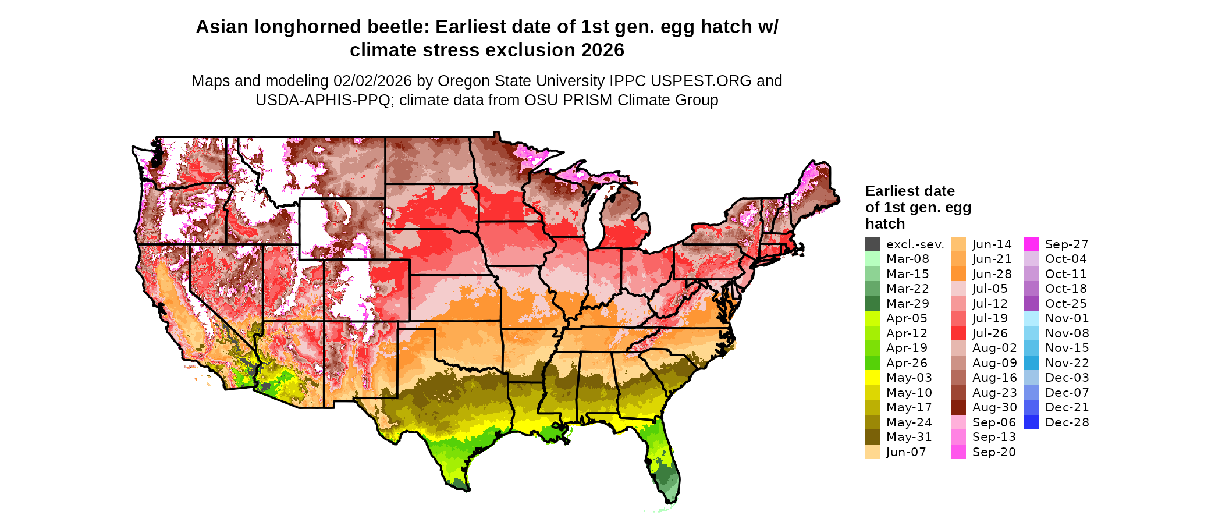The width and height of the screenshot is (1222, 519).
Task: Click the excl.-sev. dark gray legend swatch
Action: (872, 244)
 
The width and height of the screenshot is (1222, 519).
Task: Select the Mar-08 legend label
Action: (907, 259)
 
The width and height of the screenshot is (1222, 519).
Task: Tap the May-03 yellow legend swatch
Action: (872, 378)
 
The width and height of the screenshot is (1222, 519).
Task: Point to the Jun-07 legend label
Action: (905, 452)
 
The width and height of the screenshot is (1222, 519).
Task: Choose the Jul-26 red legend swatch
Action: (958, 333)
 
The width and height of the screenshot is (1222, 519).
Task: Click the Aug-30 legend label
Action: (994, 407)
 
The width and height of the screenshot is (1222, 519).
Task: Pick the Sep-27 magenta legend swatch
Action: (1031, 244)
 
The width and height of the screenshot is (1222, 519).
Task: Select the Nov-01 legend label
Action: (1067, 318)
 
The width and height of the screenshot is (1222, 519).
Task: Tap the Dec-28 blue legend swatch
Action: (1031, 422)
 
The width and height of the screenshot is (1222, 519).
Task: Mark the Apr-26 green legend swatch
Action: (872, 363)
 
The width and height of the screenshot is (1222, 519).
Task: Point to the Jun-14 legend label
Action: (992, 244)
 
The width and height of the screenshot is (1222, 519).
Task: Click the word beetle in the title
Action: (396, 27)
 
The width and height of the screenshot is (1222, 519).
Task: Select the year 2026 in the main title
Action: (602, 51)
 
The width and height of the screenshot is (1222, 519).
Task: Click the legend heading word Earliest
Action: (893, 191)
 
